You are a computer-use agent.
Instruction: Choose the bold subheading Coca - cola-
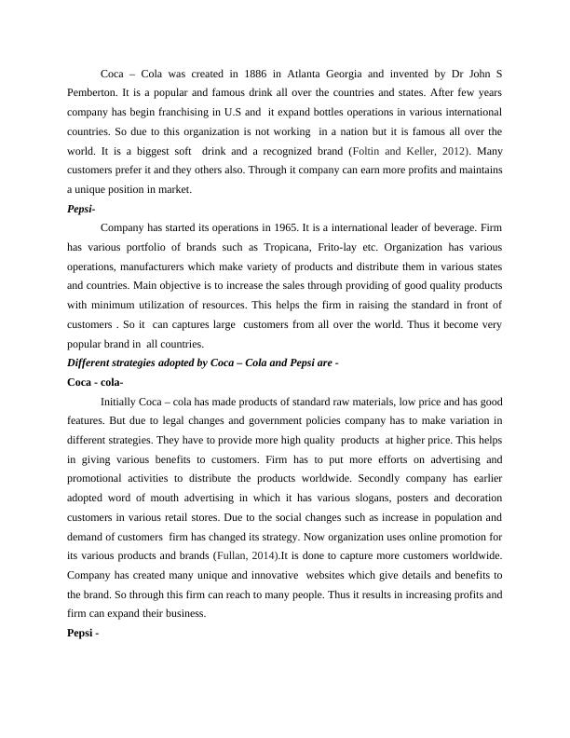coord(96,383)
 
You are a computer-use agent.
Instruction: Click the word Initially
coord(122,403)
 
